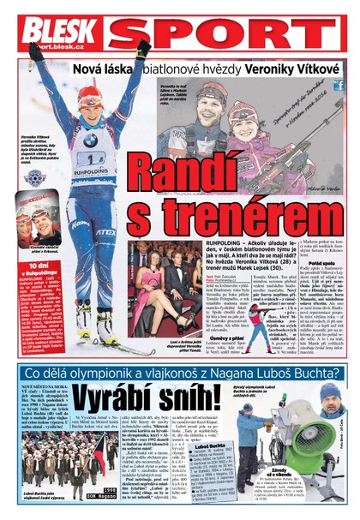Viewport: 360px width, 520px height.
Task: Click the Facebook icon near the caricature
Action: pos(339,85)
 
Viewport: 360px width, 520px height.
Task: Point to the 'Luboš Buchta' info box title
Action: pos(210,445)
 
